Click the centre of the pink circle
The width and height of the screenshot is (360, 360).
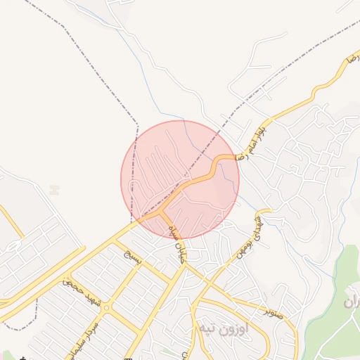[x=180, y=179]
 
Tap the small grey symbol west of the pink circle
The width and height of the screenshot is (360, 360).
[x=54, y=189]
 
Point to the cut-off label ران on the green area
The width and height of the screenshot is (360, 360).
[x=352, y=303]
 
